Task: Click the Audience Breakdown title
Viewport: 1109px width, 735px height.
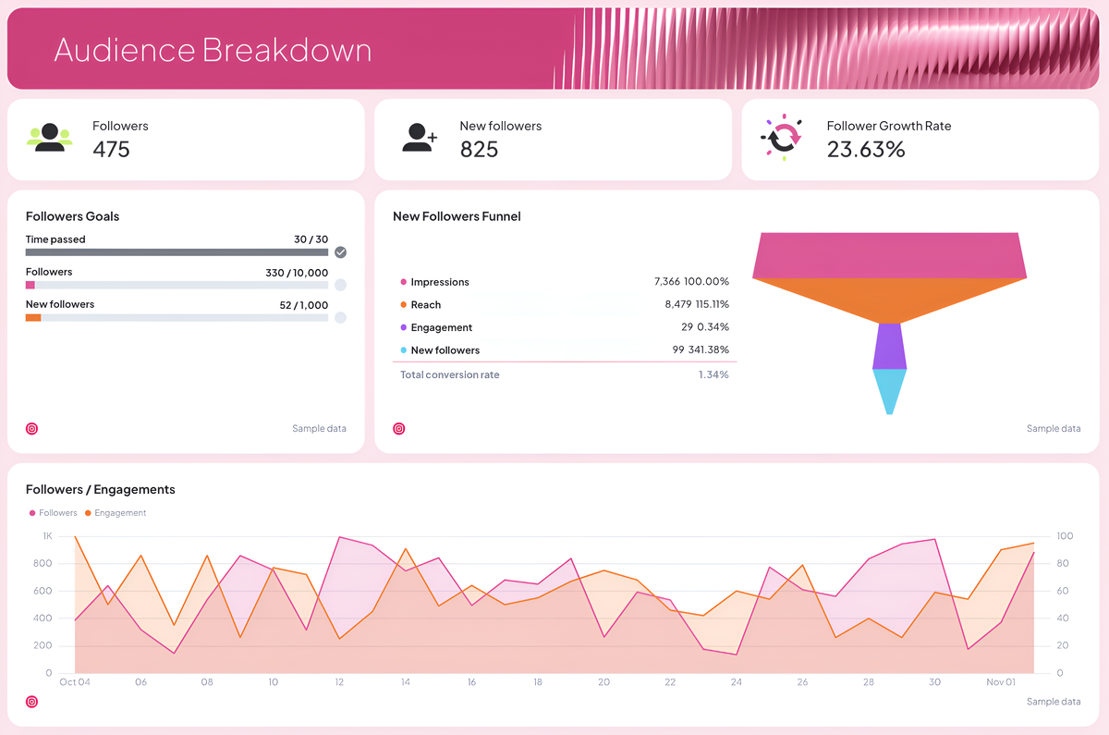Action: (x=213, y=49)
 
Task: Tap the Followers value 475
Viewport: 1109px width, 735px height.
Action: (x=111, y=149)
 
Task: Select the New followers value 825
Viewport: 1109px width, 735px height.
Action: (x=479, y=149)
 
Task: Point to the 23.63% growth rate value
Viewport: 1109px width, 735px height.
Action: (x=865, y=149)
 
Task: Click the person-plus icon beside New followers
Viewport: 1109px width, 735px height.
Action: (x=420, y=138)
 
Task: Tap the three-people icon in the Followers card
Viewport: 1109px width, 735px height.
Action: (x=50, y=137)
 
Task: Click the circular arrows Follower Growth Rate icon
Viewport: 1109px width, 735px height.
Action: (x=783, y=138)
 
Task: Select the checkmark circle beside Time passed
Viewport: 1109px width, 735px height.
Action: (x=340, y=252)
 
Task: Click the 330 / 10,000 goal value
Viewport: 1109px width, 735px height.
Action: (x=296, y=273)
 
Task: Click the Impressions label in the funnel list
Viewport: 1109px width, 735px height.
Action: (x=439, y=282)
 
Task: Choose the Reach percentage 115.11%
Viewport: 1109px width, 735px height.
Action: (x=709, y=304)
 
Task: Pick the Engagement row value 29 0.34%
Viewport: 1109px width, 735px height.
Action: (x=704, y=327)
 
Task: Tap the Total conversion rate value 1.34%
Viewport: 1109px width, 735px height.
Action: (x=713, y=374)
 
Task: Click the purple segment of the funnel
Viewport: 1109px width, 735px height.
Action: (x=889, y=346)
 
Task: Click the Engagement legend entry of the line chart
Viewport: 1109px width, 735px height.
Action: (x=119, y=513)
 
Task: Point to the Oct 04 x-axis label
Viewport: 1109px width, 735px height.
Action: (x=74, y=682)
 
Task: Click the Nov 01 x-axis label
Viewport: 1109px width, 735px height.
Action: (x=1000, y=682)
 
